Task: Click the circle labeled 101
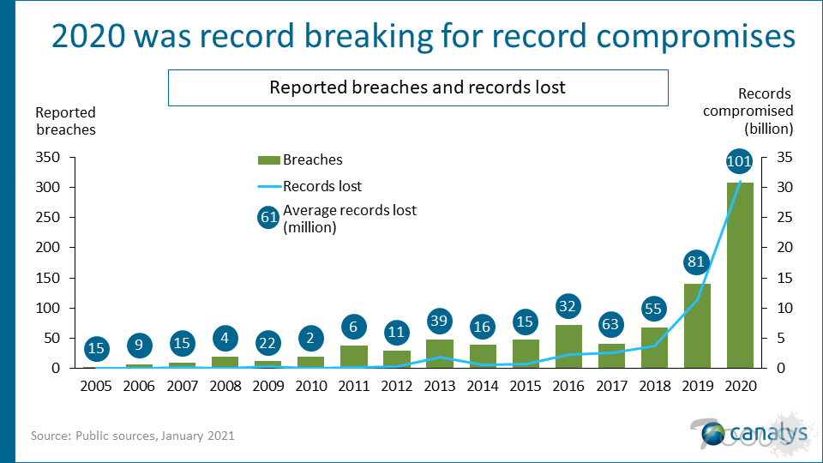click(739, 161)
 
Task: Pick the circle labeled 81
click(696, 262)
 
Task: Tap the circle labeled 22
click(267, 341)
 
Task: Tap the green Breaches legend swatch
click(268, 159)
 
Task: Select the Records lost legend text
click(322, 186)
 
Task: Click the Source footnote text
click(133, 436)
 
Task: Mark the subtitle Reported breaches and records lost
click(418, 87)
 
